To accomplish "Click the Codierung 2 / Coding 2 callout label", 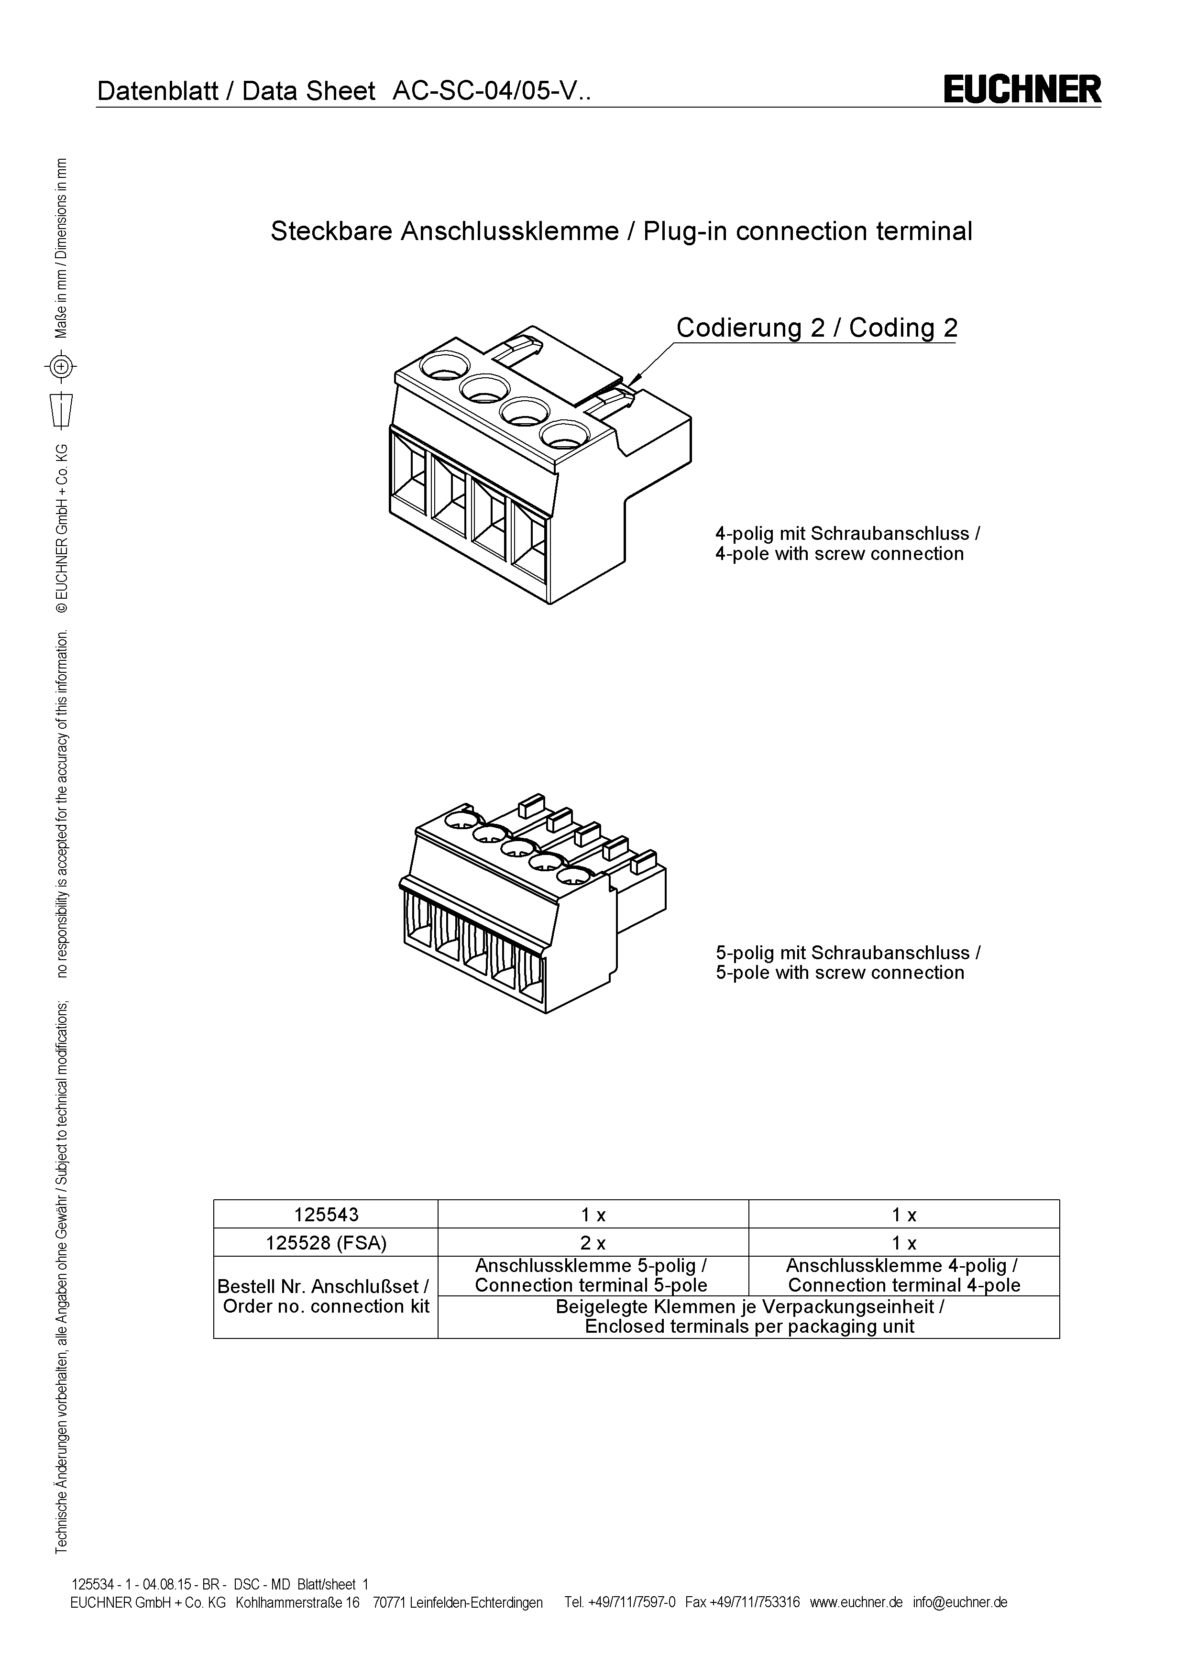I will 816,328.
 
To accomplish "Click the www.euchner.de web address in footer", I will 856,1602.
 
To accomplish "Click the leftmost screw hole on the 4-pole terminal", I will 444,365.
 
